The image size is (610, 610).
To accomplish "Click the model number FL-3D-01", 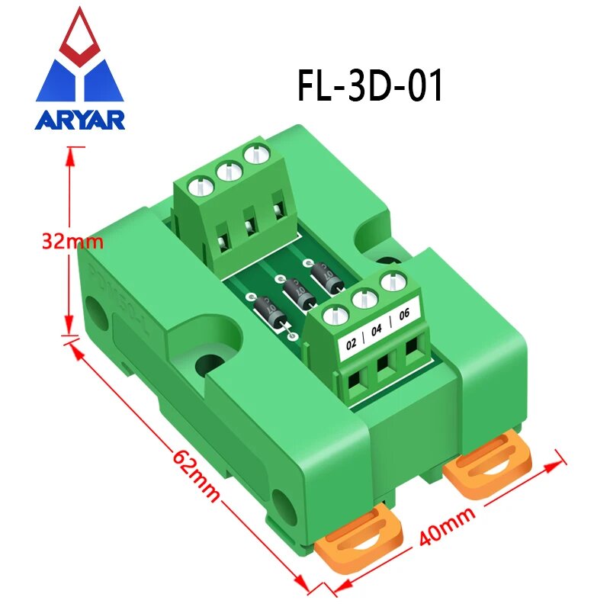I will (370, 85).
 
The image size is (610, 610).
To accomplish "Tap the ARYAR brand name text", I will (79, 120).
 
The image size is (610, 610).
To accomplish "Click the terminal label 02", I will (352, 343).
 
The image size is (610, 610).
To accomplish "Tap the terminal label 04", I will (377, 332).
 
